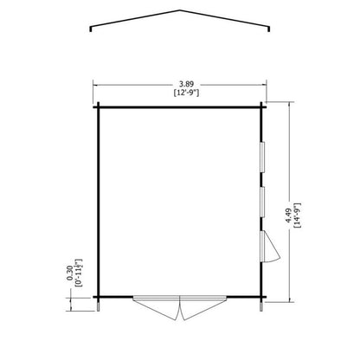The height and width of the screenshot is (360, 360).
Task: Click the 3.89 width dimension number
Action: coord(180,76)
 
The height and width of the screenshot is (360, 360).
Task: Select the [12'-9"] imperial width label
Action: coord(180,87)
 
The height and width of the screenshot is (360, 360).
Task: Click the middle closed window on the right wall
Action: coord(261,201)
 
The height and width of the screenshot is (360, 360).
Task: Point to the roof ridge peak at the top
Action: coord(180,11)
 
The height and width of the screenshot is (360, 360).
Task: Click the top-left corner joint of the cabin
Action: coord(100,106)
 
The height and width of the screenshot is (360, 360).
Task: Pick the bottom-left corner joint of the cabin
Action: coord(100,296)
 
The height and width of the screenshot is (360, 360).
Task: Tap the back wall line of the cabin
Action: coord(180,106)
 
